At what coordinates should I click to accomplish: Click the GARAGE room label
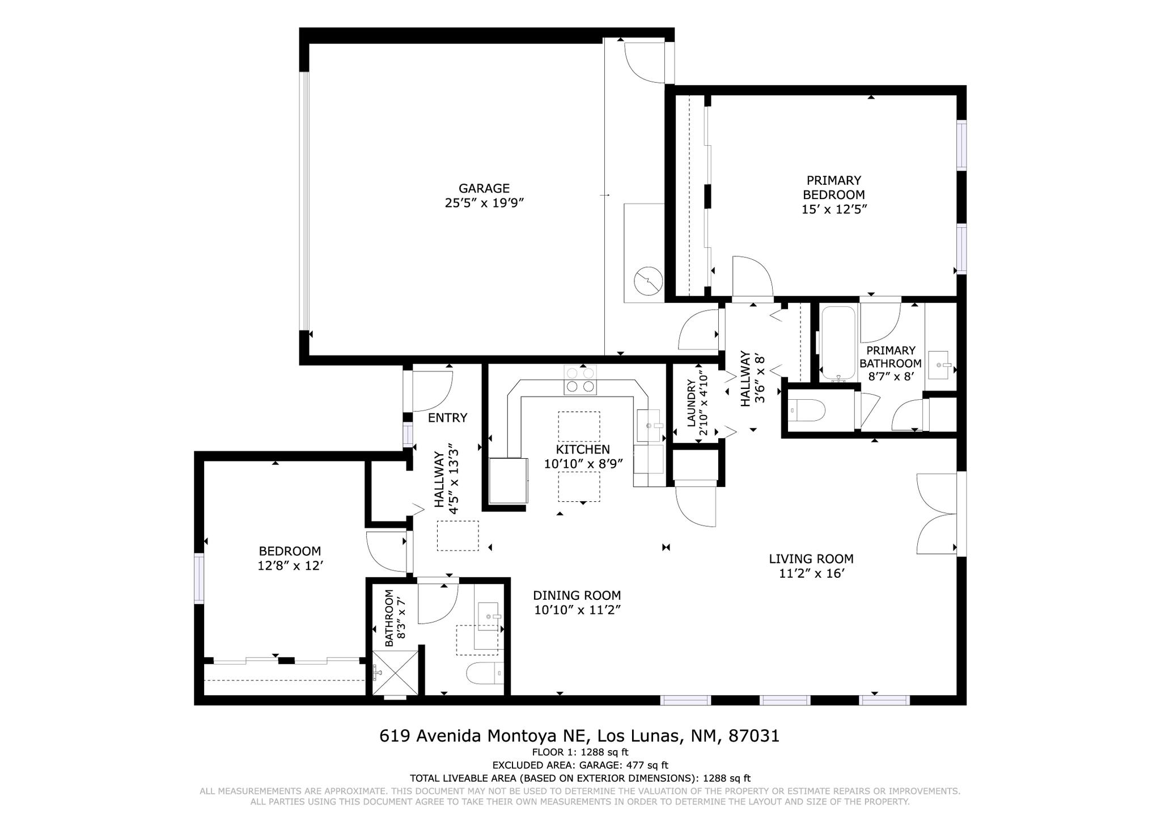click(x=484, y=188)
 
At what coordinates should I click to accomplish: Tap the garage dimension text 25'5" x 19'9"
click(x=484, y=203)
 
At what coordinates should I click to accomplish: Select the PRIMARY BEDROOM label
click(x=833, y=188)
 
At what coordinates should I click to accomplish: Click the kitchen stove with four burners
click(x=580, y=380)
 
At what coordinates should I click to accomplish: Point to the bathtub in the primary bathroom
click(x=838, y=342)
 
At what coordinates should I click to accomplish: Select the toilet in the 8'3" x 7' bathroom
click(x=484, y=674)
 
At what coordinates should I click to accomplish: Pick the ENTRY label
click(x=447, y=418)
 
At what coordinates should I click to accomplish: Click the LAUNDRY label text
click(x=691, y=403)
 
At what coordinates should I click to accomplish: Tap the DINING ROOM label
click(x=577, y=595)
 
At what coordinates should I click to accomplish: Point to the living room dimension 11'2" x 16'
click(x=812, y=573)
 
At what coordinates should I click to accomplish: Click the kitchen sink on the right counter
click(x=650, y=425)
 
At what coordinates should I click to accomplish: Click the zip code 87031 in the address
click(x=754, y=736)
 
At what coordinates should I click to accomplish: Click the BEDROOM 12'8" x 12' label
click(x=290, y=558)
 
